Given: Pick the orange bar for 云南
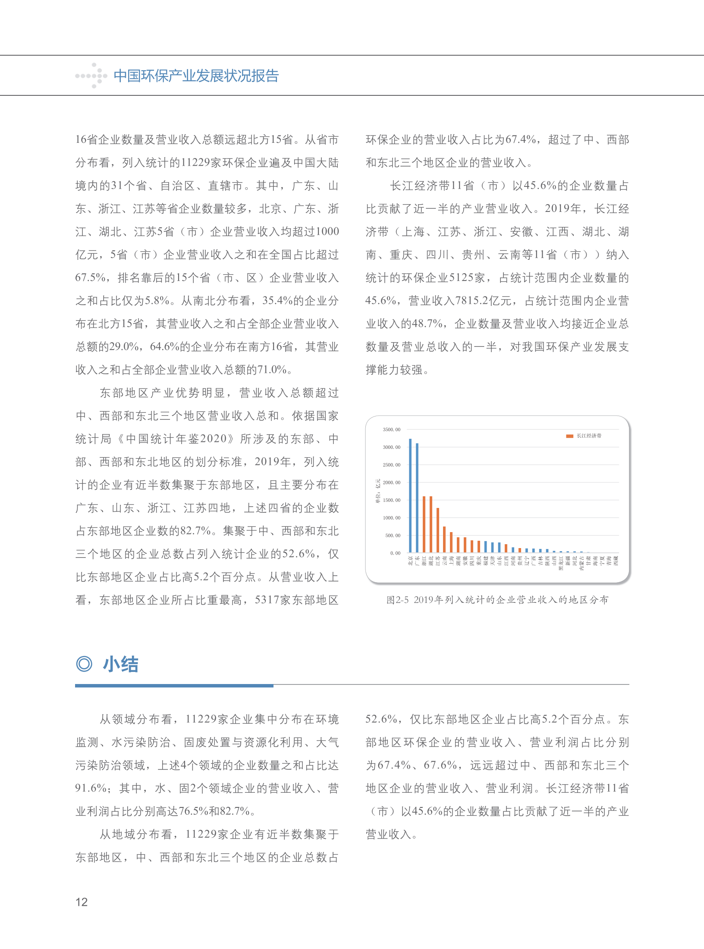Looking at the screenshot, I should click(x=444, y=539).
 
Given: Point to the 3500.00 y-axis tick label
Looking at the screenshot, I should click(x=391, y=429).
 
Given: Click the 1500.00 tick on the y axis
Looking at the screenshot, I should click(x=391, y=500).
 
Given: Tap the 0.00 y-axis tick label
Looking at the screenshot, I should click(x=395, y=553).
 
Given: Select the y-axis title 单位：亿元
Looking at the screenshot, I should click(x=378, y=491).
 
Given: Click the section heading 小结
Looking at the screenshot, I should click(x=120, y=664).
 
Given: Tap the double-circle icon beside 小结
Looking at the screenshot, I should click(x=84, y=664).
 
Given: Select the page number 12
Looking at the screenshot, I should click(x=82, y=902).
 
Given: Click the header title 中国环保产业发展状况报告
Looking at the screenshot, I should click(x=196, y=76).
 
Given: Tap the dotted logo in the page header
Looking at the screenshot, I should click(x=91, y=76).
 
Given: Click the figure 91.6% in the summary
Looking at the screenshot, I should click(x=91, y=788).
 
